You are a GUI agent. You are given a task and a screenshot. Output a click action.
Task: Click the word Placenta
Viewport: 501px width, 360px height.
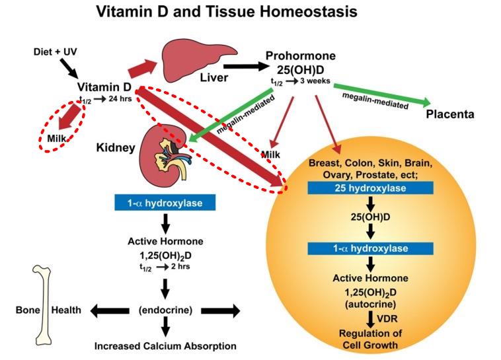pyautogui.click(x=450, y=114)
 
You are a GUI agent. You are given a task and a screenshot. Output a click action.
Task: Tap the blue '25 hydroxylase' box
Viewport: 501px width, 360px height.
pyautogui.click(x=370, y=188)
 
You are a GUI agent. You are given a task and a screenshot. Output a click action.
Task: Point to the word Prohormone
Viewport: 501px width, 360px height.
pyautogui.click(x=302, y=55)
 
